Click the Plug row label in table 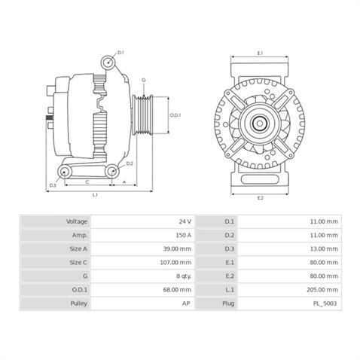(230, 303)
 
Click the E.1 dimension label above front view (259, 53)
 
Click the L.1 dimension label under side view (95, 196)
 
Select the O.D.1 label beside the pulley (175, 115)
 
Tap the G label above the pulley (143, 80)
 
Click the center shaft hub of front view (260, 122)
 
